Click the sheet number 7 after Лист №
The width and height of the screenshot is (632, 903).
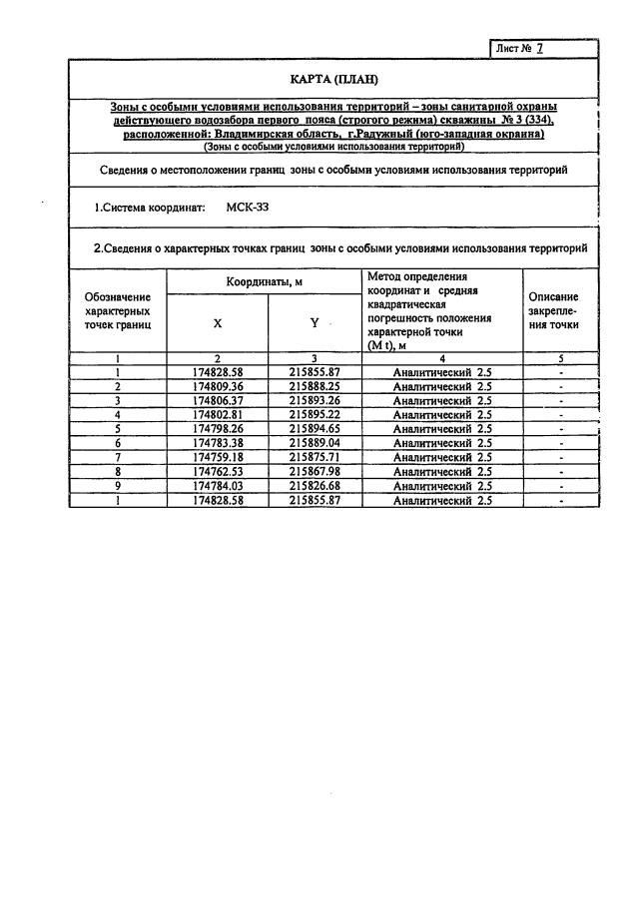pyautogui.click(x=540, y=48)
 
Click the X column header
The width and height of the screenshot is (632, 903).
pyautogui.click(x=218, y=323)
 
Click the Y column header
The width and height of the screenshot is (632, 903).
pyautogui.click(x=314, y=323)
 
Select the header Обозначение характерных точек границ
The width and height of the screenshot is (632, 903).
pyautogui.click(x=118, y=310)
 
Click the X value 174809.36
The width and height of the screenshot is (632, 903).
pyautogui.click(x=218, y=385)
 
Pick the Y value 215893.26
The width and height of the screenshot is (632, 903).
pyautogui.click(x=314, y=399)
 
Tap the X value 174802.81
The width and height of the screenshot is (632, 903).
pyautogui.click(x=218, y=414)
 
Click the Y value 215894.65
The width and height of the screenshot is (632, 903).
pyautogui.click(x=314, y=429)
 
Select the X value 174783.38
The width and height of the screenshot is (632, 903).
pyautogui.click(x=218, y=443)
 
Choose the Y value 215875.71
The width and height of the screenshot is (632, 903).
pyautogui.click(x=314, y=458)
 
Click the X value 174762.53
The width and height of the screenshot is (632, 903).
pyautogui.click(x=218, y=472)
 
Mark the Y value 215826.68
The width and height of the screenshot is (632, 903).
pyautogui.click(x=314, y=486)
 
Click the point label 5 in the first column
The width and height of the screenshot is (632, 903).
pyautogui.click(x=118, y=429)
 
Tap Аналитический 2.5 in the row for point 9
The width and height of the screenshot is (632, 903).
pyautogui.click(x=441, y=486)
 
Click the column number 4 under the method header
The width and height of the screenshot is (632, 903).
pyautogui.click(x=441, y=357)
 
